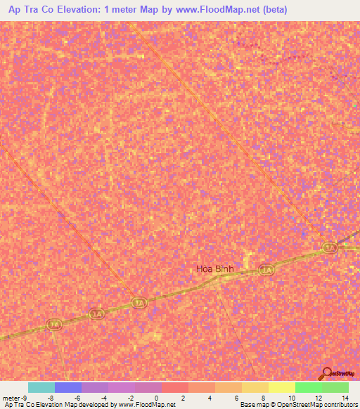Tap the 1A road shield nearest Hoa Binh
pyautogui.click(x=266, y=269)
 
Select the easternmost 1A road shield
pyautogui.click(x=330, y=247)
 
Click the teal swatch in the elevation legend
pyautogui.click(x=41, y=387)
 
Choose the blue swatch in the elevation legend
pyautogui.click(x=68, y=387)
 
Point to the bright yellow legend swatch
pyautogui.click(x=281, y=387)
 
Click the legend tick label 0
pyautogui.click(x=156, y=397)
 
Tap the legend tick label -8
pyautogui.click(x=51, y=397)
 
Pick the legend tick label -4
pyautogui.click(x=103, y=397)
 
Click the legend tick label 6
pyautogui.click(x=237, y=397)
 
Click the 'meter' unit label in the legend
pyautogui.click(x=11, y=397)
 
